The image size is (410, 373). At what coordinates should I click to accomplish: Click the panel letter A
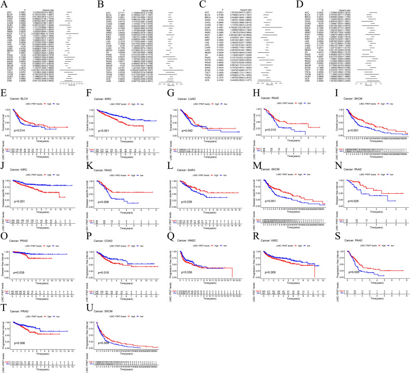point(4,3)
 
